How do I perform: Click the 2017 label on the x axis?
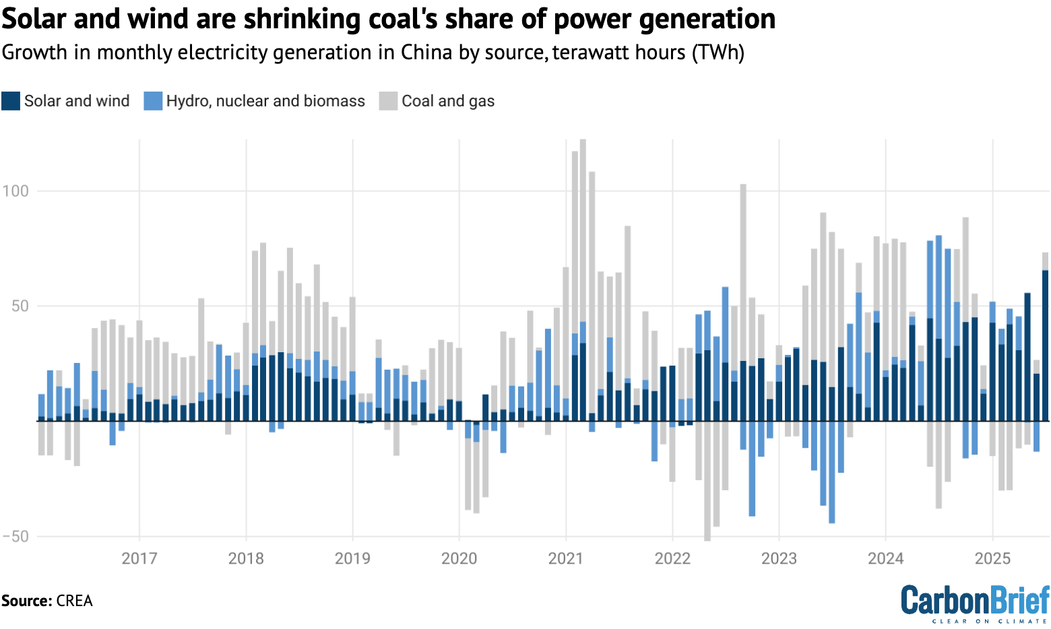point(139,558)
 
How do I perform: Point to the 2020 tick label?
point(459,558)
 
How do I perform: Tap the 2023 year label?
point(779,558)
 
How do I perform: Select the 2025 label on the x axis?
point(992,558)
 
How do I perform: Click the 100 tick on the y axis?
point(15,191)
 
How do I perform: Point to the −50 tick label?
point(15,537)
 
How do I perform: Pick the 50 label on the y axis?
point(20,306)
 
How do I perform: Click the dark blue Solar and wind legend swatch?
point(11,101)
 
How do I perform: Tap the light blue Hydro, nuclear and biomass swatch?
point(153,101)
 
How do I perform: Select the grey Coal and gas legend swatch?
point(389,101)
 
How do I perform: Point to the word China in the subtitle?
point(426,53)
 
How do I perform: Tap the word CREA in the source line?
point(74,601)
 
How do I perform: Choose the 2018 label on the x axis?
point(246,558)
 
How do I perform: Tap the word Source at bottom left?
point(26,601)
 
